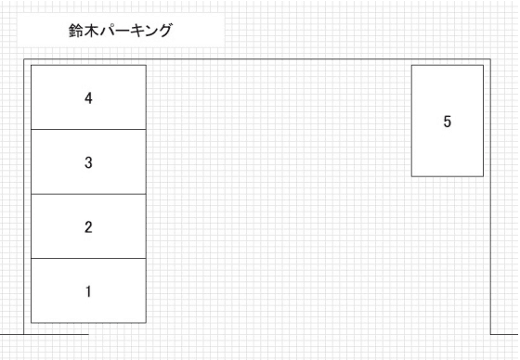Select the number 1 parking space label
coord(88,291)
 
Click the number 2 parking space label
coord(88,227)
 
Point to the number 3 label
coord(88,162)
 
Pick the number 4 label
coord(88,97)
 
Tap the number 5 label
coord(448,122)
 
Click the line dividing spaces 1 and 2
coord(88,258)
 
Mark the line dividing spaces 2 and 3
coord(88,194)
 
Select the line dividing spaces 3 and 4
coord(88,129)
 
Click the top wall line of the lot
coord(279,58)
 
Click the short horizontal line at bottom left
coord(46,332)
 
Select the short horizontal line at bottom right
coord(505,332)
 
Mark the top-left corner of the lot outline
coord(25,58)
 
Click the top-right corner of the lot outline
coord(491,58)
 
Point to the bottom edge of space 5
coord(448,176)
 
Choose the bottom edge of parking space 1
coord(88,323)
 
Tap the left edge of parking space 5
coord(412,121)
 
